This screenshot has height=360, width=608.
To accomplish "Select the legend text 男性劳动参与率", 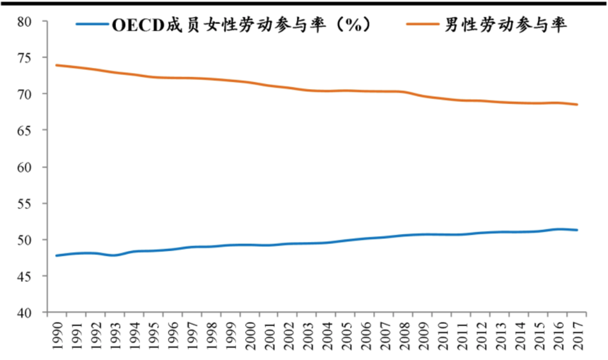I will point(505,25).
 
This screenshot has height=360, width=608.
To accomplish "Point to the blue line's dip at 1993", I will point(114,255).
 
